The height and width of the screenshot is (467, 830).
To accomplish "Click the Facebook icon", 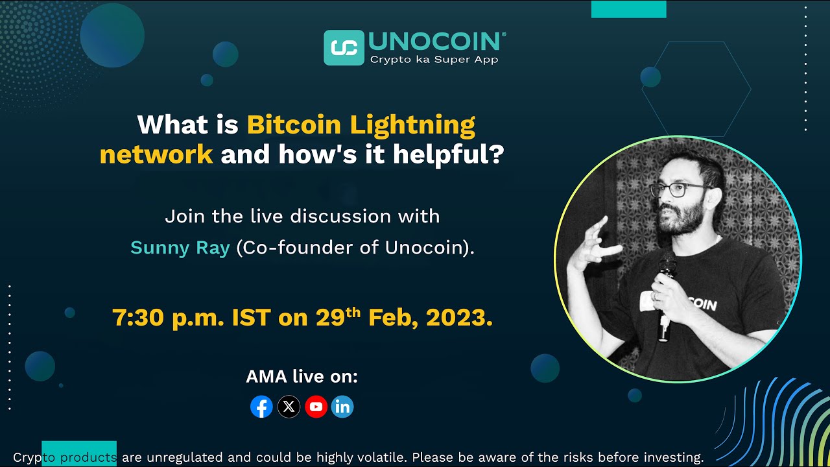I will point(261,407).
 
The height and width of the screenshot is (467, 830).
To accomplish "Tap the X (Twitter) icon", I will point(289,407).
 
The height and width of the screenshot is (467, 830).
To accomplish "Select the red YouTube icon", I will point(316,407).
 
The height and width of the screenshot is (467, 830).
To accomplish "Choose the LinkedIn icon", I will point(342,407).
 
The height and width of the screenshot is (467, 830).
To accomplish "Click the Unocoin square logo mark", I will point(344,47).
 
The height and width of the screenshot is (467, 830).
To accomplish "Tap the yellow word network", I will point(156,155).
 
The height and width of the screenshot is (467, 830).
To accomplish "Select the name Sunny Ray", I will point(180,248).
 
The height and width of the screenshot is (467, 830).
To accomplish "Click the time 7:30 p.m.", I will point(168,318).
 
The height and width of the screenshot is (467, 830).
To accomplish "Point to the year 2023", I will point(459,318).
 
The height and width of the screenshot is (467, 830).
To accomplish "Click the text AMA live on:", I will point(302,376).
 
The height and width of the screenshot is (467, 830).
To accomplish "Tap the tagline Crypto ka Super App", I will point(434,60).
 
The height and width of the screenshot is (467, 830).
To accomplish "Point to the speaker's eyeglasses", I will point(678,189).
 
